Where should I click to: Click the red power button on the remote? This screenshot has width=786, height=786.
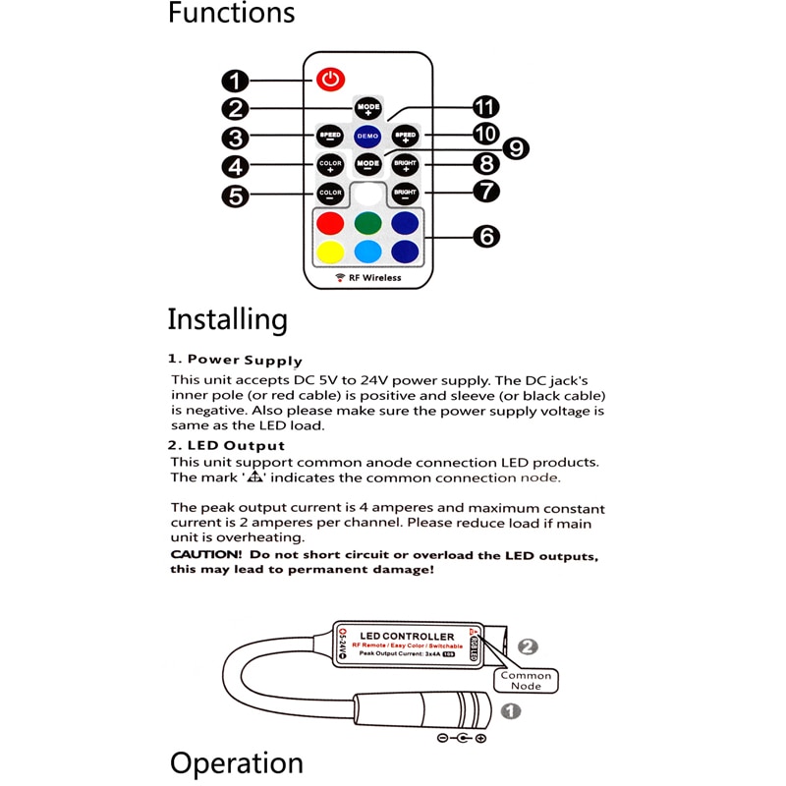[331, 78]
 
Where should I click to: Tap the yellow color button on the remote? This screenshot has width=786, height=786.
[330, 253]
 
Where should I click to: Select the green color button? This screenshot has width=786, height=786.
[367, 223]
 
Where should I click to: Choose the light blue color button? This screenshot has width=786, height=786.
[367, 253]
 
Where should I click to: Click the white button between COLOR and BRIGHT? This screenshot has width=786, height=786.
[367, 193]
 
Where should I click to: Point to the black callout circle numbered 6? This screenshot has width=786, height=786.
[485, 236]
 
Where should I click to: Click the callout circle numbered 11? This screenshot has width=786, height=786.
[485, 106]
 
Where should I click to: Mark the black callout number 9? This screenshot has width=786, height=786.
[514, 147]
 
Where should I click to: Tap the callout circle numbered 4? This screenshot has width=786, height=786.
[234, 165]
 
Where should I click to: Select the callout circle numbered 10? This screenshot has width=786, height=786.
[485, 133]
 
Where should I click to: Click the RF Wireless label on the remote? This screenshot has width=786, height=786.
[368, 278]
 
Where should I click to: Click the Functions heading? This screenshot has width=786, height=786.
[231, 14]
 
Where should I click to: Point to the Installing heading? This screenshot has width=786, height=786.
[227, 319]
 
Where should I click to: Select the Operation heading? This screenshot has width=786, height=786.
[236, 763]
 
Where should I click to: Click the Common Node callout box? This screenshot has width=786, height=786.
[527, 681]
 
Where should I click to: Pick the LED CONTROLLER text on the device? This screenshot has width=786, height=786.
[407, 637]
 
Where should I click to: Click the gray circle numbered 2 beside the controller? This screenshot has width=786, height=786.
[529, 646]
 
